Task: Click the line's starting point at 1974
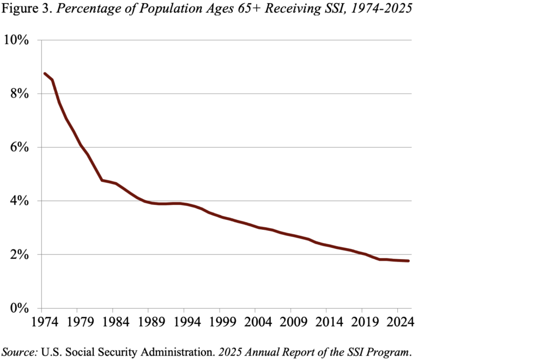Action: pos(45,74)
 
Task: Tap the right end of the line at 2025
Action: pos(408,261)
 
